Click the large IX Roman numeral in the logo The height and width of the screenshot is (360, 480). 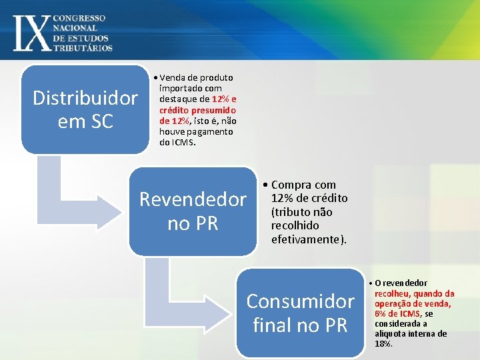tap(31, 31)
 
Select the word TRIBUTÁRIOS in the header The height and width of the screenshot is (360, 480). tap(83, 47)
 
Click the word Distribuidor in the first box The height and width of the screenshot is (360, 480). tap(85, 99)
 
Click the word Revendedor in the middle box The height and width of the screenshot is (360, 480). tap(193, 199)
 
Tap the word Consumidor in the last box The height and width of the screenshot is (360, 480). tap(300, 301)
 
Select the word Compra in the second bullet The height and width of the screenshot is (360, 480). tap(294, 185)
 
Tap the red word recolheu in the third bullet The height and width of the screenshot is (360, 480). tap(392, 293)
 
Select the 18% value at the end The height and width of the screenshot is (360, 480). tap(383, 344)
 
